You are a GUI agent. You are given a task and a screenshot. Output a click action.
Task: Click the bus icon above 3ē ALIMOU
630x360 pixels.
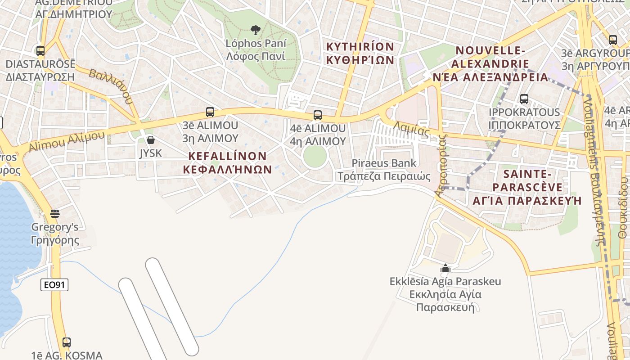click(210, 112)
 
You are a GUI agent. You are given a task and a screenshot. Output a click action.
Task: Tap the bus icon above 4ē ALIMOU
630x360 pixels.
click(318, 115)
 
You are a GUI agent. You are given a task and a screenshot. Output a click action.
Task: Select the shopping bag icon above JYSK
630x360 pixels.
click(151, 140)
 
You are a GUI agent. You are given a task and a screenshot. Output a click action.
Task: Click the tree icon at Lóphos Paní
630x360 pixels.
click(255, 30)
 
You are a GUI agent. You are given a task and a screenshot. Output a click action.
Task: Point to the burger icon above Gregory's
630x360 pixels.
click(55, 213)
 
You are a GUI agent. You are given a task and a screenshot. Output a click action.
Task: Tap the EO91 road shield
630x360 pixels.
click(54, 284)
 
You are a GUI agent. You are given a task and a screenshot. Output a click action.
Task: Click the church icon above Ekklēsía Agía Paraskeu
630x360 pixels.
click(445, 269)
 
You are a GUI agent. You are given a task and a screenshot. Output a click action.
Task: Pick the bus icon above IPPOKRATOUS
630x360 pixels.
click(524, 99)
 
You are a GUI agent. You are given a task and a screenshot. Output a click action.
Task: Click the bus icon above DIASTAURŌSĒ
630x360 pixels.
click(40, 51)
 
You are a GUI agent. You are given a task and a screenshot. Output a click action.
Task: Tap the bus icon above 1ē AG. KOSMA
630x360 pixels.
click(67, 342)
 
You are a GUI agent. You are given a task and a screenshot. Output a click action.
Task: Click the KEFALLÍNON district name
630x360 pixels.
click(228, 162)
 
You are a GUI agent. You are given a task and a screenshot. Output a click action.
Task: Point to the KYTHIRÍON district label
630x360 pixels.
click(360, 53)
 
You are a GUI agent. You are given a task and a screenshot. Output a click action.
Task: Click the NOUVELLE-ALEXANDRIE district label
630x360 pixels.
click(490, 63)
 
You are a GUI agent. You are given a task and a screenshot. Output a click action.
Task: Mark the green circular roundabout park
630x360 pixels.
click(315, 156)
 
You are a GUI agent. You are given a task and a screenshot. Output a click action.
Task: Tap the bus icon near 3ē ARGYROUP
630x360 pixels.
click(612, 40)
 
